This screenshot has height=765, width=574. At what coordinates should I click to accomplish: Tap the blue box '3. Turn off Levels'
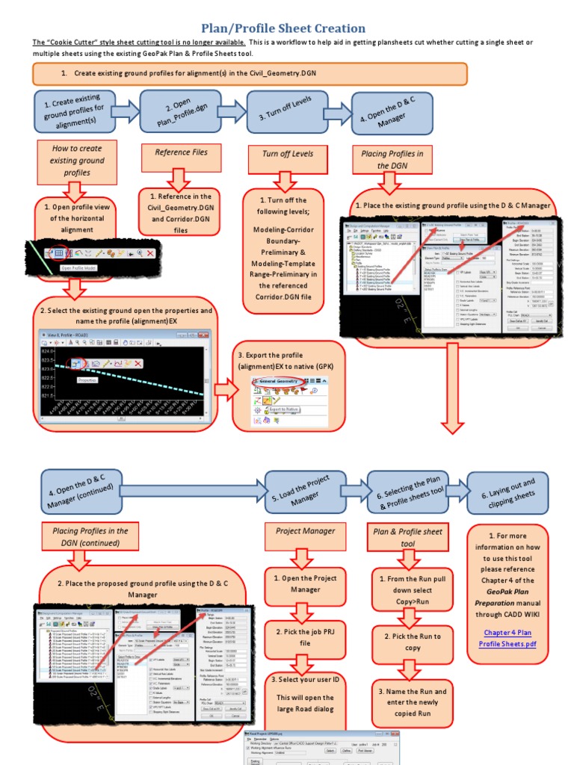(x=283, y=112)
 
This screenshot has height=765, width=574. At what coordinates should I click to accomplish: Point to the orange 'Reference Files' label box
(x=182, y=153)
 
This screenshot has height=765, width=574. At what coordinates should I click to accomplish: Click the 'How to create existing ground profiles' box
(x=76, y=161)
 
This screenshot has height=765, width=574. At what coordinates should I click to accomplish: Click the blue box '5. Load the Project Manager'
(x=305, y=491)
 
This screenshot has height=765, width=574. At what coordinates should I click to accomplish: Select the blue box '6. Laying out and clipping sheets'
(x=508, y=491)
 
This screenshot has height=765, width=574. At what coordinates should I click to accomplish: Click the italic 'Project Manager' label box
(x=305, y=531)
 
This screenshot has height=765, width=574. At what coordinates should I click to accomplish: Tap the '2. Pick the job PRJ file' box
(x=304, y=637)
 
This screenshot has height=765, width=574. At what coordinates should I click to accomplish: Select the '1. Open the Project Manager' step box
(x=304, y=584)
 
